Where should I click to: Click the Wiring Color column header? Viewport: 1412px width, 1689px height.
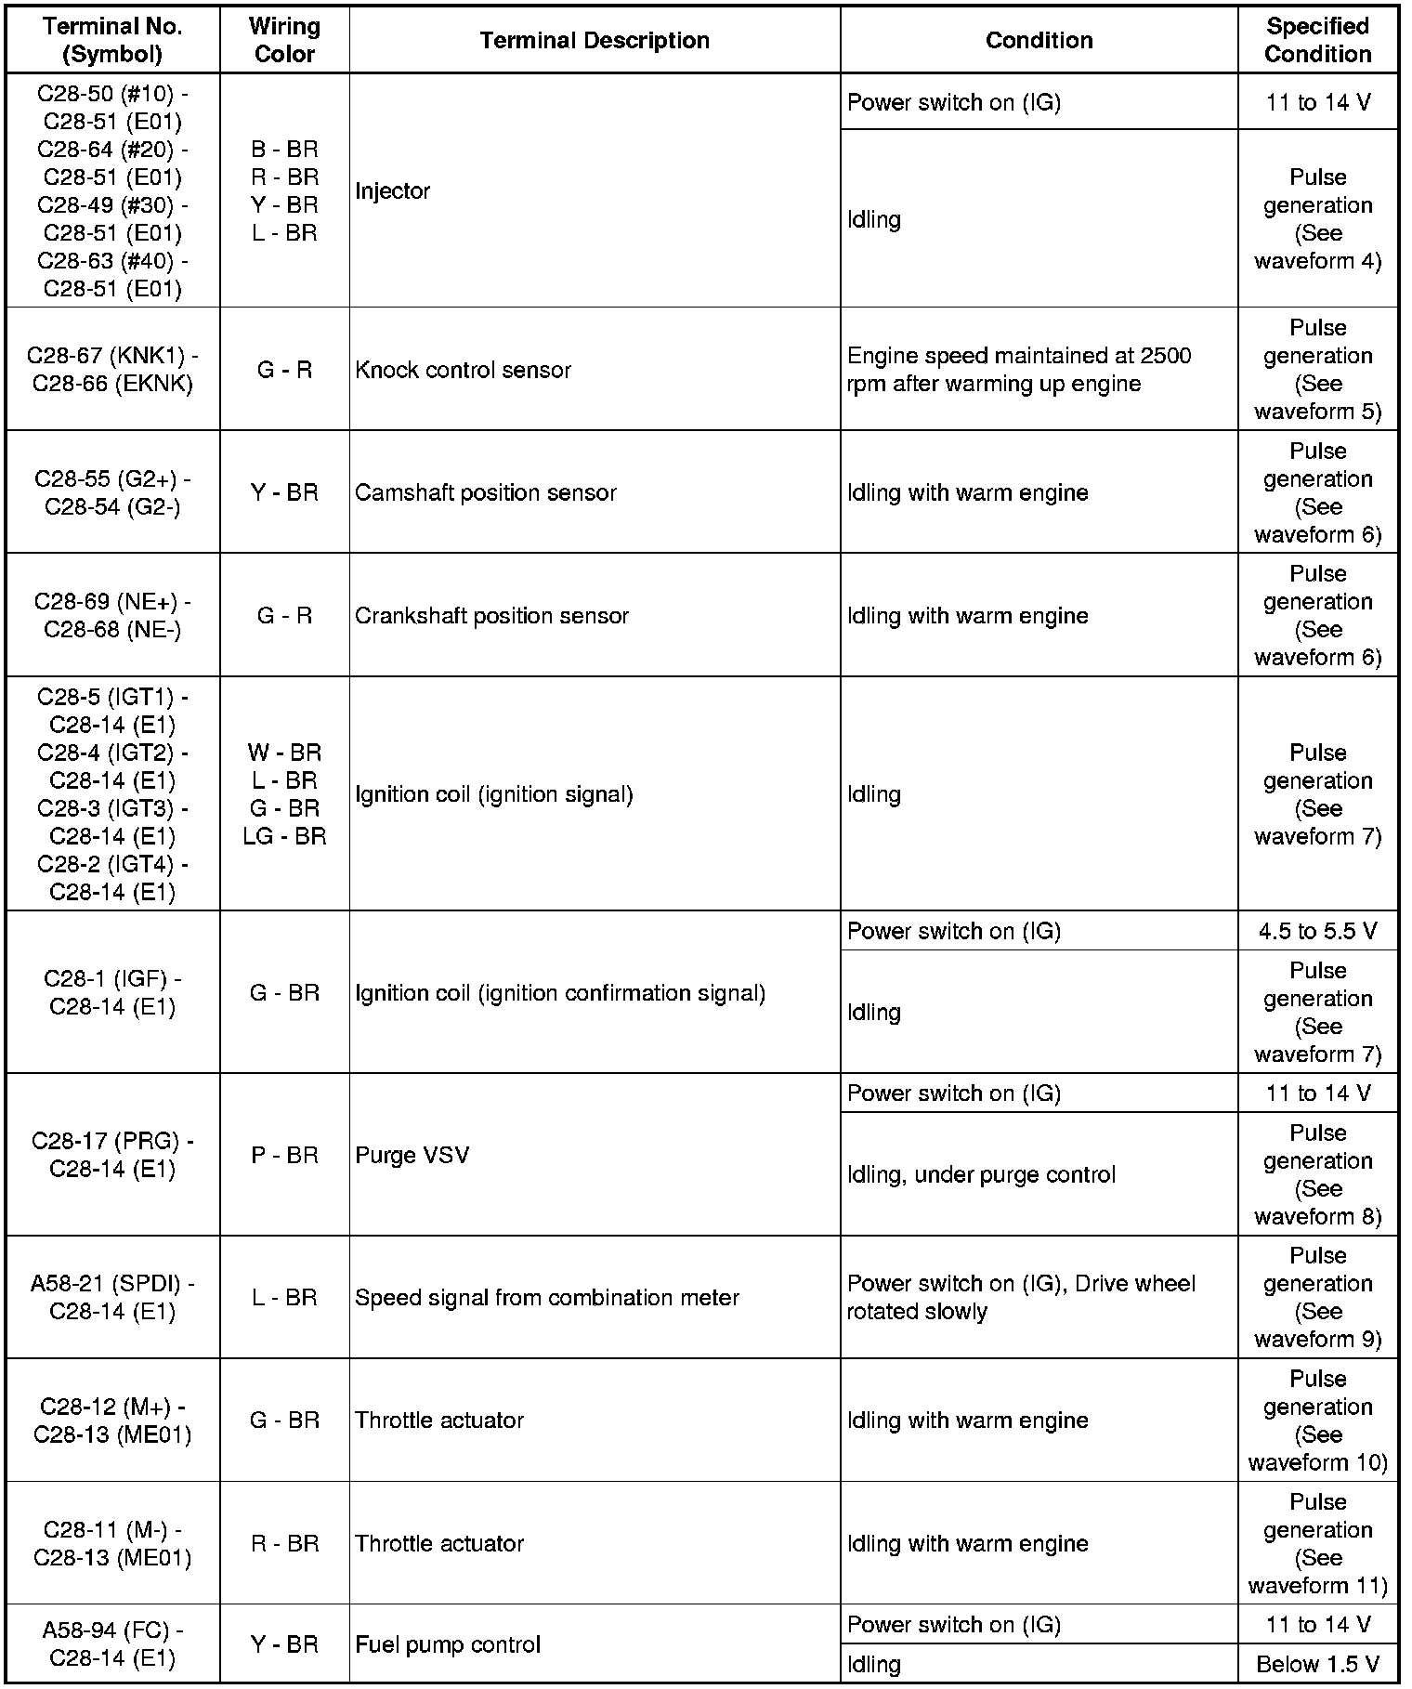(x=284, y=40)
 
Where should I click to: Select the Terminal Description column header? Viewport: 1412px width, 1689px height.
(x=595, y=40)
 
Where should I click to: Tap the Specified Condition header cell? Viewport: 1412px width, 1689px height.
(x=1317, y=40)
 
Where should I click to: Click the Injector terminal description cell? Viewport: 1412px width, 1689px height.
(x=393, y=191)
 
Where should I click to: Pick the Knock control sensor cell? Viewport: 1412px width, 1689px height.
(x=463, y=370)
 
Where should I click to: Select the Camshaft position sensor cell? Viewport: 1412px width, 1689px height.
(x=485, y=492)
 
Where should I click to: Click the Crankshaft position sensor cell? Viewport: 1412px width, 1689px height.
(x=491, y=615)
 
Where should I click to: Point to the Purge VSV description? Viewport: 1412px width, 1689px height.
(x=412, y=1155)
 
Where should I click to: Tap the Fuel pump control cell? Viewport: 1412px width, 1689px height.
(x=447, y=1644)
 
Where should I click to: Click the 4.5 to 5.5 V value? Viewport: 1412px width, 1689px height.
(x=1317, y=931)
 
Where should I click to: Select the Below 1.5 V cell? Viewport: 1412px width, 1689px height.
(x=1317, y=1664)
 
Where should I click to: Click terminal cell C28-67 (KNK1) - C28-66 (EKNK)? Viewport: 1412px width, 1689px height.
(x=112, y=370)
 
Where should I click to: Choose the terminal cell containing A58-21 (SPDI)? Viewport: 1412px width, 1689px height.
(x=112, y=1297)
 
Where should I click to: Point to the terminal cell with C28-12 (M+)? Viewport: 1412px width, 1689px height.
(x=112, y=1420)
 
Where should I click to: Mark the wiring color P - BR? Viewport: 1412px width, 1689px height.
(x=284, y=1155)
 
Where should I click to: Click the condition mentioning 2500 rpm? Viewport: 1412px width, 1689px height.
(x=1019, y=370)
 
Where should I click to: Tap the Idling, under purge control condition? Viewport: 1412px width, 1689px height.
(x=981, y=1174)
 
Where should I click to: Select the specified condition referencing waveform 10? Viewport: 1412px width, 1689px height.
(x=1317, y=1420)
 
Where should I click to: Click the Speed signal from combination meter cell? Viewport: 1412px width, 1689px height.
(x=546, y=1297)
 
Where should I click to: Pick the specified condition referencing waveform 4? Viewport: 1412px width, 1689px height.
(x=1317, y=219)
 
